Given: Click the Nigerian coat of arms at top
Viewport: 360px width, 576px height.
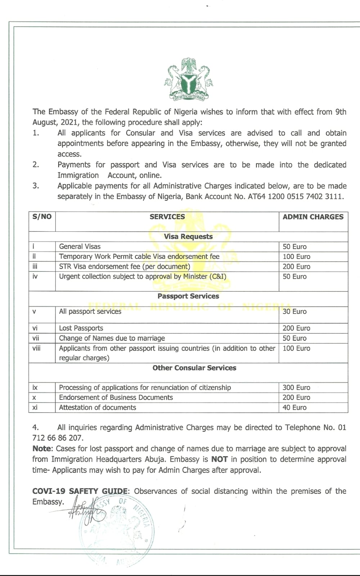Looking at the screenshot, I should click(x=188, y=78).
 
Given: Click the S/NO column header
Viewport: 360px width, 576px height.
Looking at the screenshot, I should click(x=42, y=217).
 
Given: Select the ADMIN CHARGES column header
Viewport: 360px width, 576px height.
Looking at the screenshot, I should click(x=313, y=217).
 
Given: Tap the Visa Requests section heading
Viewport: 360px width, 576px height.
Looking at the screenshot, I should click(x=188, y=237).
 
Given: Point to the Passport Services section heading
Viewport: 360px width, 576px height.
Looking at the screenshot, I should click(x=188, y=296).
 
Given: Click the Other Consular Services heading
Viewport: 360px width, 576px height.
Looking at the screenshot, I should click(x=194, y=368).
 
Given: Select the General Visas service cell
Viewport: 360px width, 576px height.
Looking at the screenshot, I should click(x=80, y=247).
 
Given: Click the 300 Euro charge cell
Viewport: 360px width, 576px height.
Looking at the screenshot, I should click(x=296, y=387).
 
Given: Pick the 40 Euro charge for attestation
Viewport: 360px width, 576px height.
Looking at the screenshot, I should click(x=294, y=408).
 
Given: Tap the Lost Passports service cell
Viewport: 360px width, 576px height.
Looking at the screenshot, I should click(x=81, y=328).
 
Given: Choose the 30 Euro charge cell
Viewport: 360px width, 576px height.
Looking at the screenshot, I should click(x=294, y=311).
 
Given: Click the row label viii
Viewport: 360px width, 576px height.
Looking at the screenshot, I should click(x=36, y=348).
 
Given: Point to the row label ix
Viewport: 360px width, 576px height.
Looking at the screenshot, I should click(x=35, y=387).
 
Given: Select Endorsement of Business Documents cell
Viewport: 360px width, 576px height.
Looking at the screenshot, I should click(x=116, y=397).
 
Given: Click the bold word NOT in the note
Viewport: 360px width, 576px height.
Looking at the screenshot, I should click(x=219, y=459).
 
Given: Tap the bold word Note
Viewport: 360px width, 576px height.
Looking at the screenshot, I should click(x=42, y=449).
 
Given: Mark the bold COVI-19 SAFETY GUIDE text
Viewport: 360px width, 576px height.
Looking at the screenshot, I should click(x=80, y=491).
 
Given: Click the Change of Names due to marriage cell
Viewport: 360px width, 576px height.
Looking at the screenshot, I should click(x=112, y=338).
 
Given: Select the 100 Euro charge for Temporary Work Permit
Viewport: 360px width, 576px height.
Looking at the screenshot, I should click(x=296, y=257).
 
